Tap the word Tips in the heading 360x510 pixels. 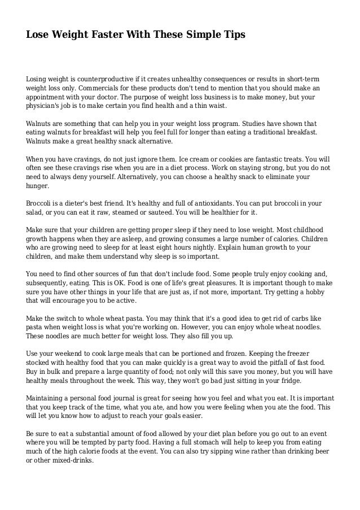pyautogui.click(x=234, y=35)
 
